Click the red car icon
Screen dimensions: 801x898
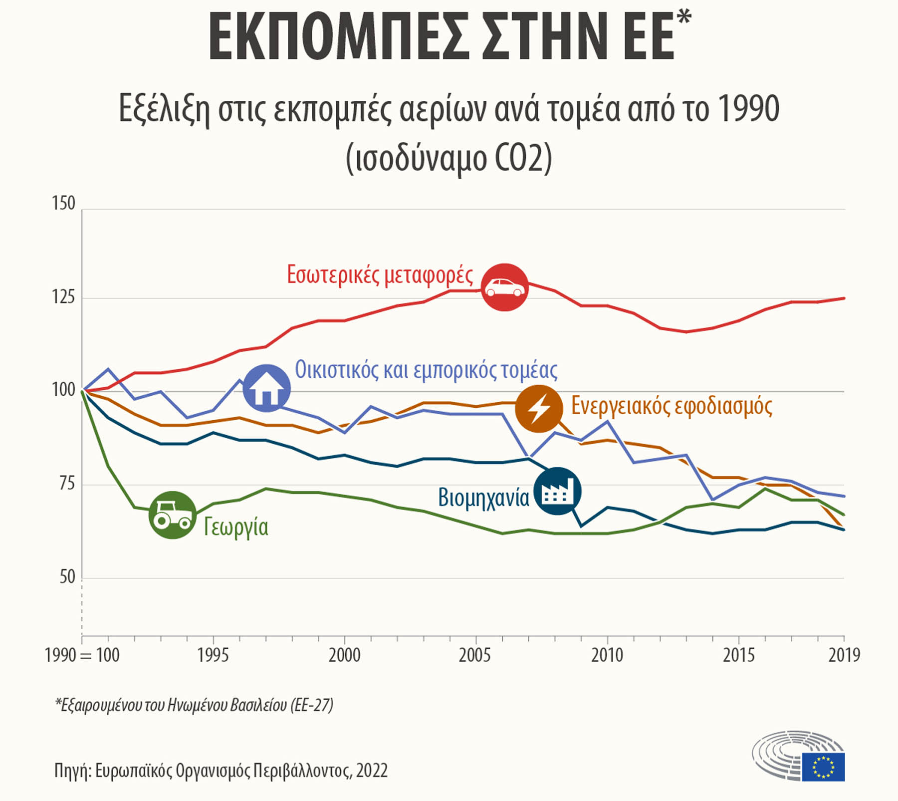coord(504,287)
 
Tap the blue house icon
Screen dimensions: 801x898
coord(266,388)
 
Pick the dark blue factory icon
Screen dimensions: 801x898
coord(557,491)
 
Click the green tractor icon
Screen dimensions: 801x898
coord(172,515)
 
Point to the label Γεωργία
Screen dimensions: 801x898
coord(236,528)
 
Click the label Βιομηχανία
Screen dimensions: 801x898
coord(483,498)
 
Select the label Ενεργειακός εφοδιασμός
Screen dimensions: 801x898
coord(672,406)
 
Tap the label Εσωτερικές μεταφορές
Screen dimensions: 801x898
coord(380,275)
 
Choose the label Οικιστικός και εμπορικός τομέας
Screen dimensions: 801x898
coord(426,370)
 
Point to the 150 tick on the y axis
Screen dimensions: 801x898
coord(63,204)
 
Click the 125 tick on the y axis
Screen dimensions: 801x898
coord(63,297)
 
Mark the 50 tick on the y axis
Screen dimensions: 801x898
coord(67,577)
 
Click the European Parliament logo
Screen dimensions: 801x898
coord(798,755)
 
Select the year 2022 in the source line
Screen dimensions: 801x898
coord(372,771)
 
